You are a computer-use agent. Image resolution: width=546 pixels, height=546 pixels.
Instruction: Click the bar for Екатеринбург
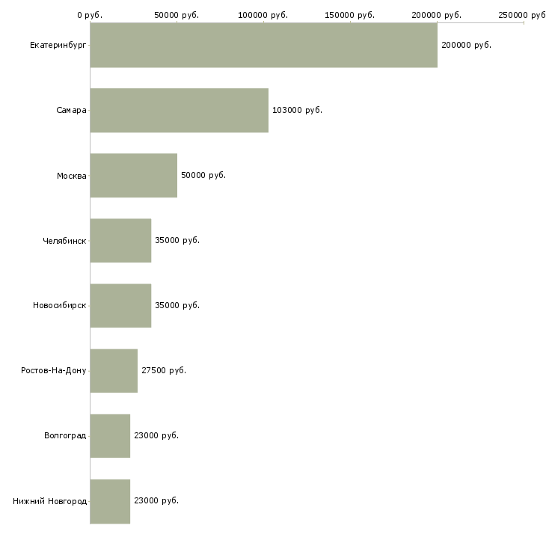pos(263,45)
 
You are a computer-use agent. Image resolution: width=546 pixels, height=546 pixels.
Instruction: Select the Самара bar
pos(180,110)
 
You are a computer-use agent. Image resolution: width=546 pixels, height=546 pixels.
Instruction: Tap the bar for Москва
pos(134,175)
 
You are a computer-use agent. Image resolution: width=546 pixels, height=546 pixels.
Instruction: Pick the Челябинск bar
pos(121,240)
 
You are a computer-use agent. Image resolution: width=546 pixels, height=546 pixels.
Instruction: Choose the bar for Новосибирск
pos(121,305)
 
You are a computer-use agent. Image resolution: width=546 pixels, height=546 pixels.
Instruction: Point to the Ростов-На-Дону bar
pos(114,370)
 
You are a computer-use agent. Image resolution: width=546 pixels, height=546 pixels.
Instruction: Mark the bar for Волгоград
pos(110,435)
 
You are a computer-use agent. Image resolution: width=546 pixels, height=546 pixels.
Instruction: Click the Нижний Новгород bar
pos(110,501)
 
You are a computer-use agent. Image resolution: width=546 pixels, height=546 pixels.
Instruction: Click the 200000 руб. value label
pos(466,45)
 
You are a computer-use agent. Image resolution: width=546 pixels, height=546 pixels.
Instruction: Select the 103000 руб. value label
pos(297,110)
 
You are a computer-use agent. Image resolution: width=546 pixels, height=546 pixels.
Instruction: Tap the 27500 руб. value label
pos(164,370)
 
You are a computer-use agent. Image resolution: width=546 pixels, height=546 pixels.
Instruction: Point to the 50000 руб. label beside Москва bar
pos(203,175)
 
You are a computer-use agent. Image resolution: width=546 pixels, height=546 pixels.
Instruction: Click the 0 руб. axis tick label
pos(90,15)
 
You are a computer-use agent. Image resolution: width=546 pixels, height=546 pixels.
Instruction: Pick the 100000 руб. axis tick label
pos(263,15)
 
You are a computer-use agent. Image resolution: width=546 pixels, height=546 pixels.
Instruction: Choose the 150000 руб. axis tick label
pos(349,15)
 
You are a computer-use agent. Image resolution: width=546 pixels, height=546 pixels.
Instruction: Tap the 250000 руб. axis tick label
pos(522,15)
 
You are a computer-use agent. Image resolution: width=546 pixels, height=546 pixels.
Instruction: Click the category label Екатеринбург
pos(58,46)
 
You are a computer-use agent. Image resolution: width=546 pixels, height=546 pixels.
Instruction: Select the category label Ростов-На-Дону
pos(54,370)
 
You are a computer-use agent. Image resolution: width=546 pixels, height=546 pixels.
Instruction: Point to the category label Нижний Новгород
pos(50,501)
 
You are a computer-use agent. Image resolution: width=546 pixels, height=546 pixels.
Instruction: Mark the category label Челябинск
pos(64,241)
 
